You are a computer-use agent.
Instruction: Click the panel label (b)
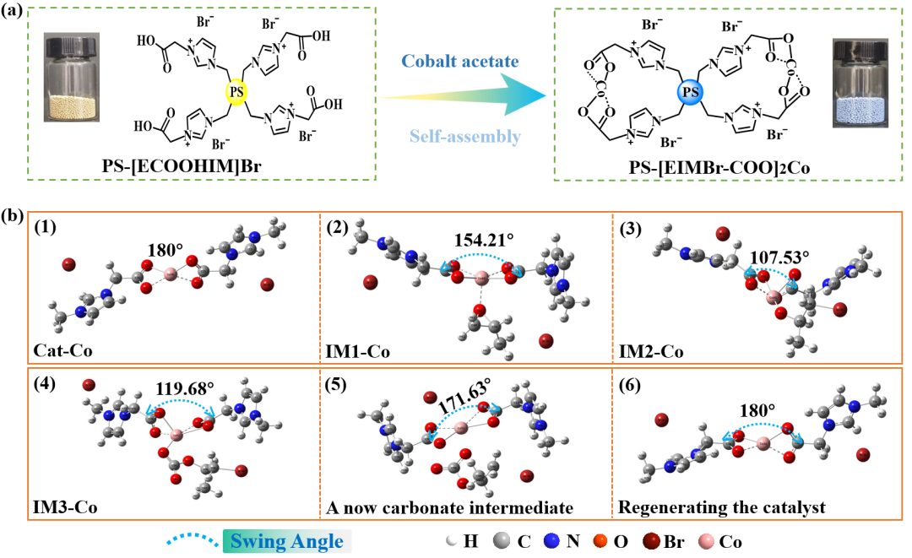coord(14,214)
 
